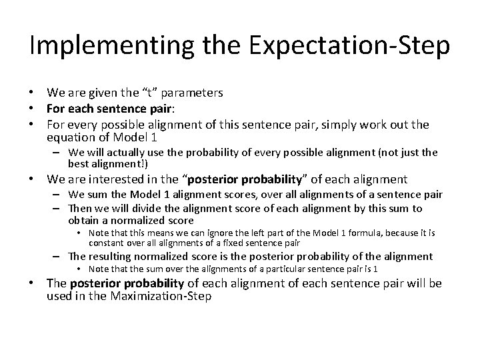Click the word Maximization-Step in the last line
point(159,297)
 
